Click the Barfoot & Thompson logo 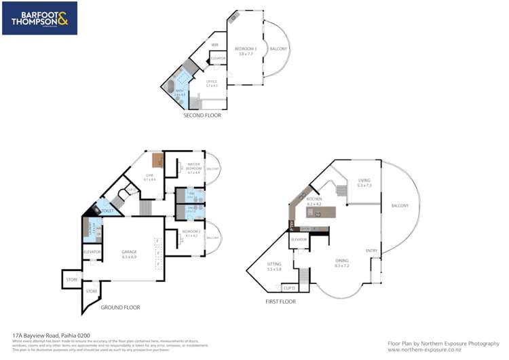[40, 18]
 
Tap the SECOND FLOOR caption [202, 115]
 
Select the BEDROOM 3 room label [245, 50]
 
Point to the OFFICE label [212, 84]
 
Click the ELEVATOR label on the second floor [218, 58]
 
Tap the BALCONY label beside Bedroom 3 [279, 49]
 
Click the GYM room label [150, 177]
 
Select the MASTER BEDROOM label [194, 168]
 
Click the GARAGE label [129, 255]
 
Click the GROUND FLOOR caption [120, 307]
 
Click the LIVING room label [364, 182]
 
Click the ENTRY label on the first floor [371, 251]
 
